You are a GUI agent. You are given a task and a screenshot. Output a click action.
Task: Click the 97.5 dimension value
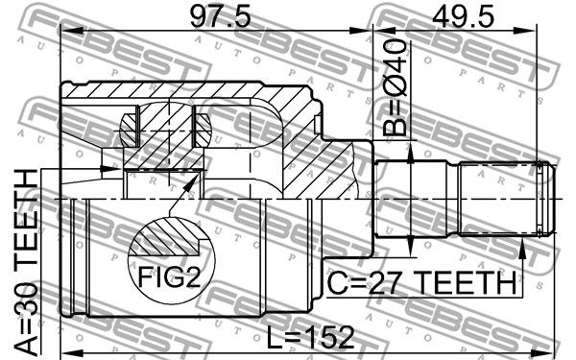[220, 17]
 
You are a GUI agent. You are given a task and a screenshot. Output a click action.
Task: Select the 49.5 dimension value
[464, 17]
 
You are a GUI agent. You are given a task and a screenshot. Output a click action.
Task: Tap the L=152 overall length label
[310, 338]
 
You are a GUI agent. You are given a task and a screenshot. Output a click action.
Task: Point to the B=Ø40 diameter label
[396, 87]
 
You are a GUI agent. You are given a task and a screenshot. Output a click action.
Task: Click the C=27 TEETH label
[421, 282]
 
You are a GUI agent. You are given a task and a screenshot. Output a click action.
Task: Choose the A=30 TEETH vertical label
[27, 263]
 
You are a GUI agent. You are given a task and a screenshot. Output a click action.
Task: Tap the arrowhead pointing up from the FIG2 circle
[189, 183]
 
